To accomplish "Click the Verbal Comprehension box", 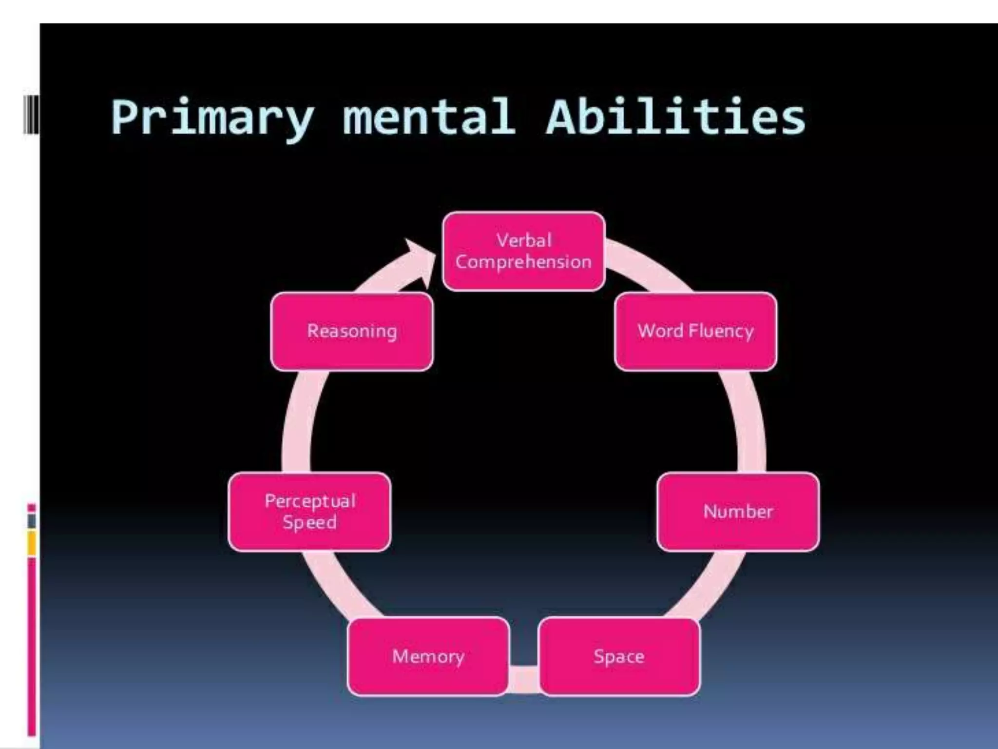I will point(524,252).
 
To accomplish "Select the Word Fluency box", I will point(696,332).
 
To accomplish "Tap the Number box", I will point(738,512).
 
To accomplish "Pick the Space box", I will point(619,656).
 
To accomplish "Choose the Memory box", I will point(428,656).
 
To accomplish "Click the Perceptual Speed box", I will point(309,512).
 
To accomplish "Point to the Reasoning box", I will point(352,332).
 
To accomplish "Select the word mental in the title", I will point(429,117).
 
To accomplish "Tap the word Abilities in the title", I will point(675,117).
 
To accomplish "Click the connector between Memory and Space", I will point(524,679).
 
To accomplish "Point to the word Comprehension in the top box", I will point(524,262).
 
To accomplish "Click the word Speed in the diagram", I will point(309,523).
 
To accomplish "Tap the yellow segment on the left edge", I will point(32,543).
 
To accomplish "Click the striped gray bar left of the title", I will point(31,115).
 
